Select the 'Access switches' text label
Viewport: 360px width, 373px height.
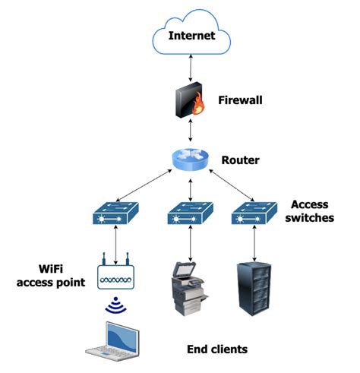[x=311, y=212]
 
